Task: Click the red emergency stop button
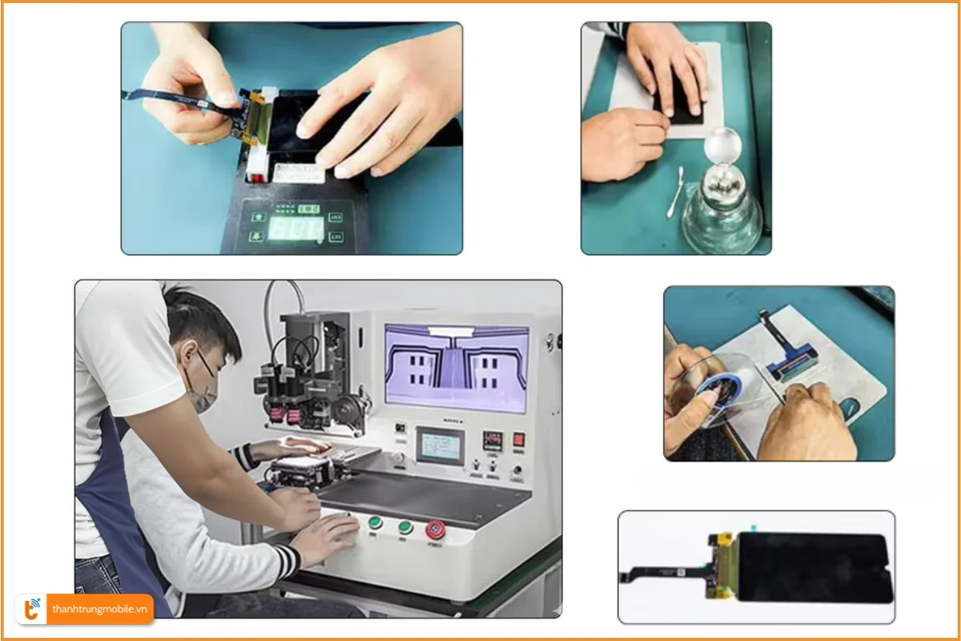tap(436, 529)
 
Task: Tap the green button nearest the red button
tap(405, 526)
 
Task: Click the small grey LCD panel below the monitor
tap(440, 445)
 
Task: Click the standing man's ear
tap(187, 353)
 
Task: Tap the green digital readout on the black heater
tap(295, 228)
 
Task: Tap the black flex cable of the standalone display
tap(665, 575)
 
